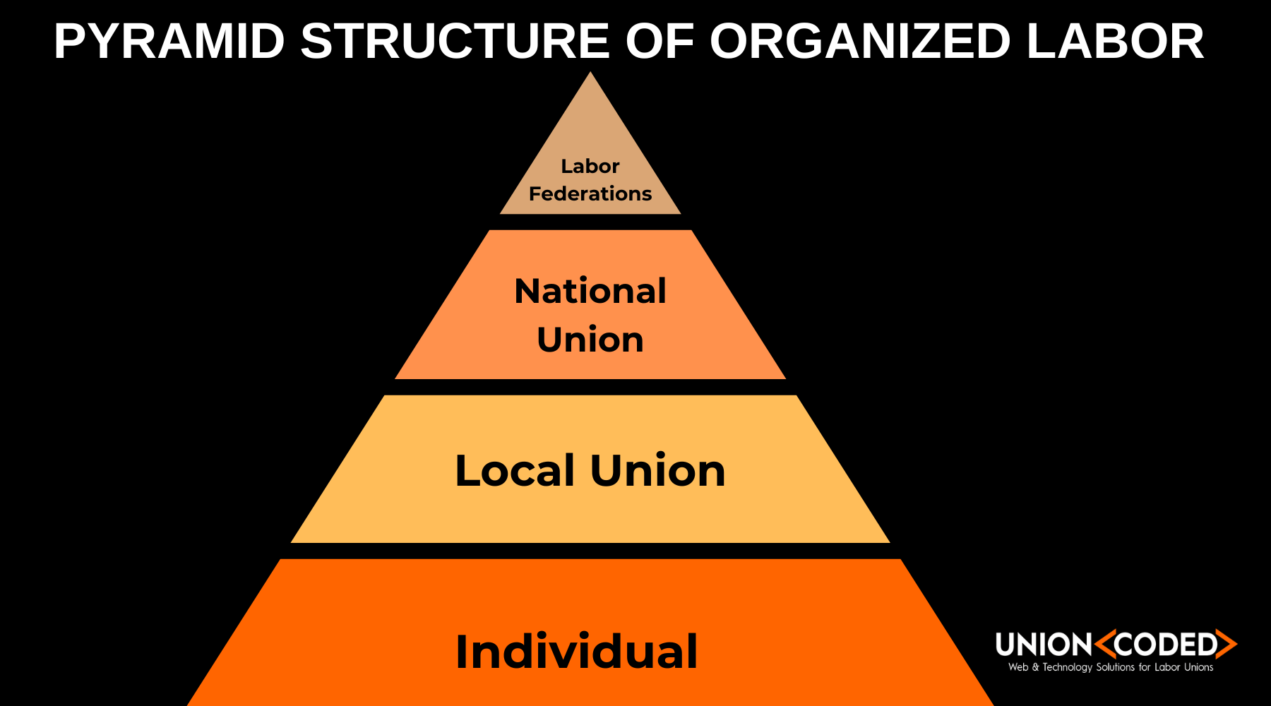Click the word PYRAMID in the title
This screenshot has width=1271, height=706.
click(x=169, y=42)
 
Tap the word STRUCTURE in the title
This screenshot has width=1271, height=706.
click(x=455, y=42)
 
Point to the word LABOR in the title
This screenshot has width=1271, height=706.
click(x=1115, y=42)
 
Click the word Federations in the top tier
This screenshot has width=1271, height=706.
click(x=590, y=193)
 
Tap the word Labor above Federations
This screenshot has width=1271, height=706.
click(x=590, y=166)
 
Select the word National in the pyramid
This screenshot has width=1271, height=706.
click(x=590, y=291)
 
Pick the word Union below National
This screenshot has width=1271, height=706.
click(x=590, y=340)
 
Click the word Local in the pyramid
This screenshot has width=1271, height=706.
click(x=515, y=471)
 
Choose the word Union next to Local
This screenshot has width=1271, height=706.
click(x=657, y=471)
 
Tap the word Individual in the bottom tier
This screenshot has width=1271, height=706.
click(x=576, y=651)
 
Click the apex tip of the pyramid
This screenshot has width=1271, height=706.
click(x=590, y=75)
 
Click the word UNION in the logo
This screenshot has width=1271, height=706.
click(x=1044, y=645)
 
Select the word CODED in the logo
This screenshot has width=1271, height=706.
click(x=1166, y=645)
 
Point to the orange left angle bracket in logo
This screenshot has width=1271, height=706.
click(x=1104, y=644)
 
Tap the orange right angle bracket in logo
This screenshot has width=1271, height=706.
click(x=1229, y=644)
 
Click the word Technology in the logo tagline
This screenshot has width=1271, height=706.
click(x=1067, y=667)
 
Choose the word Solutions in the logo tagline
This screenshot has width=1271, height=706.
click(x=1116, y=667)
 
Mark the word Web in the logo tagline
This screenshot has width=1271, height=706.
click(x=1018, y=667)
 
